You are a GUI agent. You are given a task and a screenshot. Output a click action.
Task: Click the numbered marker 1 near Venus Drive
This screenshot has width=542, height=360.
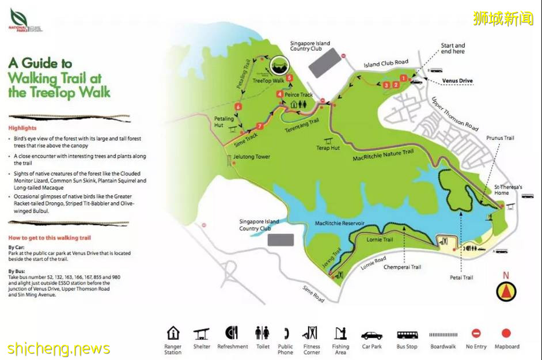404,78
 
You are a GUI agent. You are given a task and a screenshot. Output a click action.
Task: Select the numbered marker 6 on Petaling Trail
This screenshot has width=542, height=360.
237,107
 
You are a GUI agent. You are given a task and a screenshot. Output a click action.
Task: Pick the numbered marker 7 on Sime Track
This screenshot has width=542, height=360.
260,126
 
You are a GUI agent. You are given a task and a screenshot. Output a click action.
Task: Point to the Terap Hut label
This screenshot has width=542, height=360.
328,148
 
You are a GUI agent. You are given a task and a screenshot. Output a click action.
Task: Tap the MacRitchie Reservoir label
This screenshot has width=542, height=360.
340,223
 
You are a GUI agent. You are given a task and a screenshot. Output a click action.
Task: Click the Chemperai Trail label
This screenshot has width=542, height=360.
403,267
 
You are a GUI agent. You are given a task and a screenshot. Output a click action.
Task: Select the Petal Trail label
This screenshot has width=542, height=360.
461,278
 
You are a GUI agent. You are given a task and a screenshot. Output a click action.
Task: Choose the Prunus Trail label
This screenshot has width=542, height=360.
500,138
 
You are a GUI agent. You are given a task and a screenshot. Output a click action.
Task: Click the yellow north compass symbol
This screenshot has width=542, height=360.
506,291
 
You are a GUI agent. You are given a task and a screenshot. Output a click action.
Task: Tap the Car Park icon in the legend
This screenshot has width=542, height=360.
372,335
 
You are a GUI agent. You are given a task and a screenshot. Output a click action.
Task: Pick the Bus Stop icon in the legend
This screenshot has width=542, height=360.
407,335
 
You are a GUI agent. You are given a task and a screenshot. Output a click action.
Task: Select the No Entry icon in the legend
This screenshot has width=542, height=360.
476,334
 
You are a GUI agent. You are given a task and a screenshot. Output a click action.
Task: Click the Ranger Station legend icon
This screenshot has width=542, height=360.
173,333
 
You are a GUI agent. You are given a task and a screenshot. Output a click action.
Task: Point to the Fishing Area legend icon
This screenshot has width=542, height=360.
340,334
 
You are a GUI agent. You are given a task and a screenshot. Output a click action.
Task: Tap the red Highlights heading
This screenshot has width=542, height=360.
22,128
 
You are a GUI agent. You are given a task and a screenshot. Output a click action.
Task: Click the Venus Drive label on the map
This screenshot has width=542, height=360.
457,81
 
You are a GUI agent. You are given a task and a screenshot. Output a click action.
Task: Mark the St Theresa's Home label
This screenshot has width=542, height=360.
508,190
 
